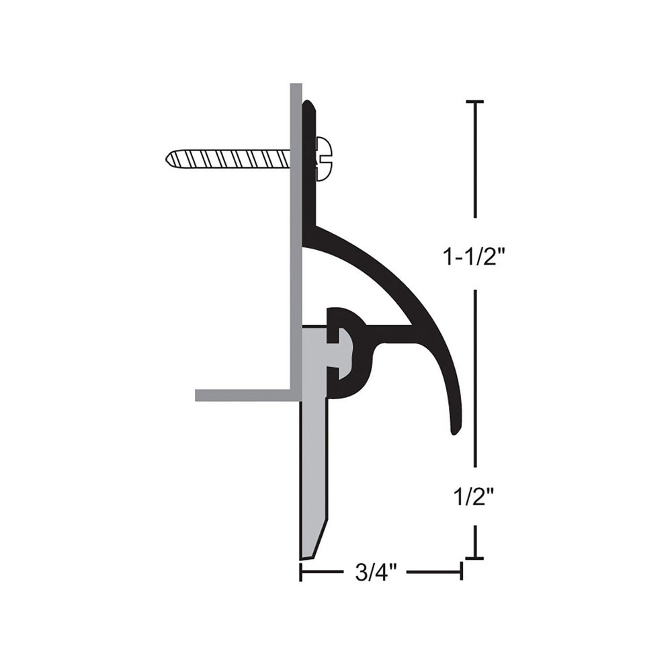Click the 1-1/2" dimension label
click(474, 255)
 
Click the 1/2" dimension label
click(474, 498)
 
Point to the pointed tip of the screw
click(168, 159)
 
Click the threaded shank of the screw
click(228, 159)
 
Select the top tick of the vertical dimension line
click(475, 101)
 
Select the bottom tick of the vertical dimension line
click(475, 558)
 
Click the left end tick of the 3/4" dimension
click(300, 572)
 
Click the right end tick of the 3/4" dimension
click(461, 572)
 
